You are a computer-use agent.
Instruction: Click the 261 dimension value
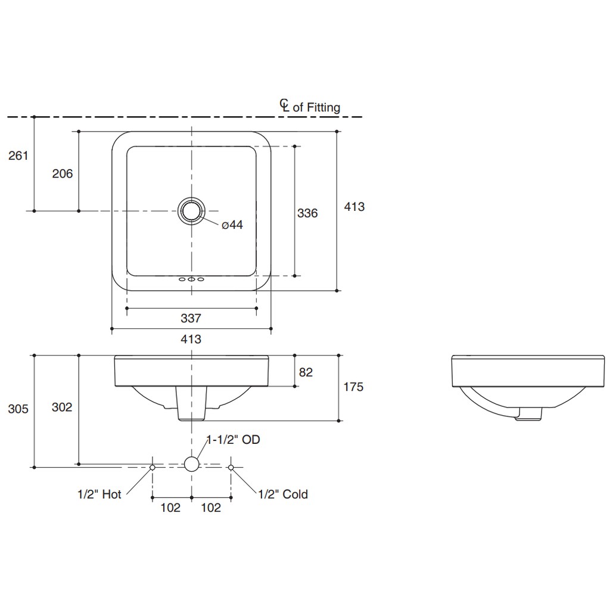[x=18, y=155]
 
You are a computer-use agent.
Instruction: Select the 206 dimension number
[x=63, y=173]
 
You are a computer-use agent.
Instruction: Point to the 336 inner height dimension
[x=307, y=213]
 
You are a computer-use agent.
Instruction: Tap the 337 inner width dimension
[x=191, y=319]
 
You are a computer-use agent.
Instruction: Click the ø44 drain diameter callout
[x=232, y=225]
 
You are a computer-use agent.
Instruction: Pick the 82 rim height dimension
[x=306, y=372]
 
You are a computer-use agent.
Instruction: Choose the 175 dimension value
[x=353, y=387]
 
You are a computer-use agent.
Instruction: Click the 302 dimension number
[x=62, y=407]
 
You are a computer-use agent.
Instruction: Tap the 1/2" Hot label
[x=99, y=494]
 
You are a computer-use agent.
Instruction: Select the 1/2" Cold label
[x=283, y=494]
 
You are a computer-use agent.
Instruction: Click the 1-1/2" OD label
[x=233, y=440]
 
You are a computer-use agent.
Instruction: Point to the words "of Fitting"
[x=316, y=107]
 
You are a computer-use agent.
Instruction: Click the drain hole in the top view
[x=191, y=211]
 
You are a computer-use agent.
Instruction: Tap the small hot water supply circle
[x=152, y=468]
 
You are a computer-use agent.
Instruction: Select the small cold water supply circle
[x=231, y=468]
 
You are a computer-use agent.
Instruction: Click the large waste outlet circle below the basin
[x=191, y=464]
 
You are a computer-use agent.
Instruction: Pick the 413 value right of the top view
[x=354, y=207]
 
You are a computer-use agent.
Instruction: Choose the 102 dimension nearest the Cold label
[x=211, y=508]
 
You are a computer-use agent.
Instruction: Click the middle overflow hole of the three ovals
[x=191, y=279]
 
